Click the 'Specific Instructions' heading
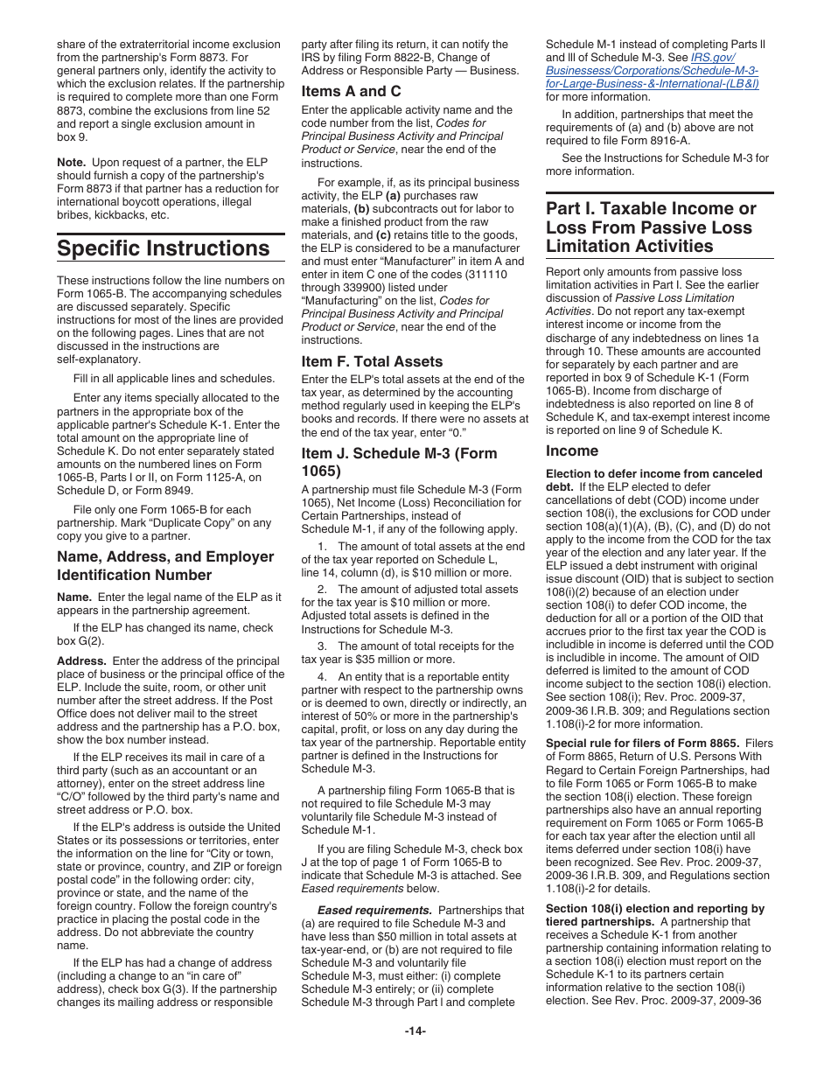pyautogui.click(x=163, y=248)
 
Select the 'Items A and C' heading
pyautogui.click(x=351, y=91)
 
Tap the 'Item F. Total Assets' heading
pyautogui.click(x=372, y=361)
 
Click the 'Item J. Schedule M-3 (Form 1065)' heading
pyautogui.click(x=399, y=462)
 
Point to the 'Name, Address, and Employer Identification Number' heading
pyautogui.click(x=165, y=565)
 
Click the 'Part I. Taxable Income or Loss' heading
pyautogui.click(x=651, y=227)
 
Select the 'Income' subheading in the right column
pyautogui.click(x=572, y=451)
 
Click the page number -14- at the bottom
pyautogui.click(x=415, y=1031)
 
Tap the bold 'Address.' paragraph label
pyautogui.click(x=82, y=660)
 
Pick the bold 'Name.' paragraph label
pyautogui.click(x=74, y=597)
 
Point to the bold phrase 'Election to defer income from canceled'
pyautogui.click(x=653, y=473)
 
